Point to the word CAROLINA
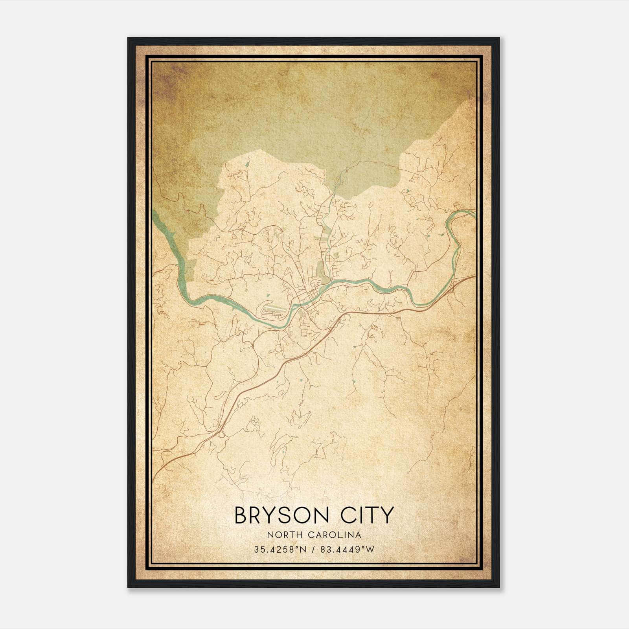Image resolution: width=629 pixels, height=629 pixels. pyautogui.click(x=335, y=535)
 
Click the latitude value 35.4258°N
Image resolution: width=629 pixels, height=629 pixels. pyautogui.click(x=280, y=550)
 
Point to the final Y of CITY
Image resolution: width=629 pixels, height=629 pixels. pyautogui.click(x=386, y=515)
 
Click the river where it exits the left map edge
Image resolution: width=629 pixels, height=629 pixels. pyautogui.click(x=154, y=214)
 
